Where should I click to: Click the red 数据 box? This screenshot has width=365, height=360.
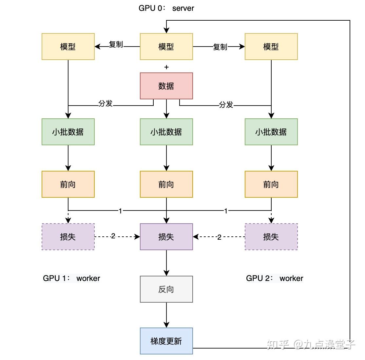point(166,86)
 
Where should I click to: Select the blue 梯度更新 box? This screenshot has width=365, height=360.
point(166,341)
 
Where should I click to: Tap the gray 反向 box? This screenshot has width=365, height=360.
point(166,289)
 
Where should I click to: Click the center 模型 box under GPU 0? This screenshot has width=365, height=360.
point(166,47)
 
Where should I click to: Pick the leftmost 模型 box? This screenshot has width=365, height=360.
point(68,47)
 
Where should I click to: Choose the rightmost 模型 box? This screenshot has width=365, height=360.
point(271,47)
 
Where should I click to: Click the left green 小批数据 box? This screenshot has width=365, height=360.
point(68,132)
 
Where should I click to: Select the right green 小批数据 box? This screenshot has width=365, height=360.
point(271,132)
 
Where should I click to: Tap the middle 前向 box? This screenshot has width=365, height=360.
point(166,184)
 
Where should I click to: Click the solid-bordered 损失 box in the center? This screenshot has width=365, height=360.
point(166,237)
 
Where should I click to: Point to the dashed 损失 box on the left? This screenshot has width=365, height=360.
point(68,237)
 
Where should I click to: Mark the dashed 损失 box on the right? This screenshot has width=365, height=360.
point(271,237)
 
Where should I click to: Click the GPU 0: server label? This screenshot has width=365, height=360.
point(166,8)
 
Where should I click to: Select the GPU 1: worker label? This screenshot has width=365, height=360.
point(71,278)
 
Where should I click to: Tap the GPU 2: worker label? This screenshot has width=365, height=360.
point(275,278)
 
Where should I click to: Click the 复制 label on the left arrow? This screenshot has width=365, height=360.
point(116,45)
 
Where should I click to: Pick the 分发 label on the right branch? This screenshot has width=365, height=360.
point(226,105)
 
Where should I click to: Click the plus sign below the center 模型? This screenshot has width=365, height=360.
point(166,67)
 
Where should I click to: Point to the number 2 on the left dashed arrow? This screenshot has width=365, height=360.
point(113,236)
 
